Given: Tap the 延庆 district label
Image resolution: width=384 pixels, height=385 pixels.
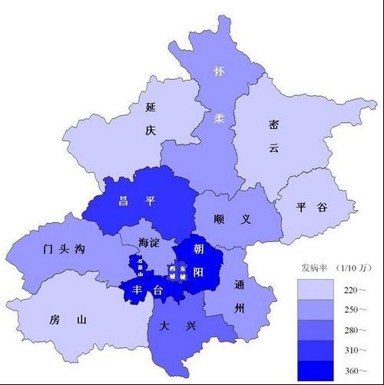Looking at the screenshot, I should (x=151, y=119).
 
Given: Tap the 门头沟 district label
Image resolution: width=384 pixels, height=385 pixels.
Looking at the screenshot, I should (x=64, y=249).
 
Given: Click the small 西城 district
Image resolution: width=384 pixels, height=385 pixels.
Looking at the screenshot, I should (x=173, y=273).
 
